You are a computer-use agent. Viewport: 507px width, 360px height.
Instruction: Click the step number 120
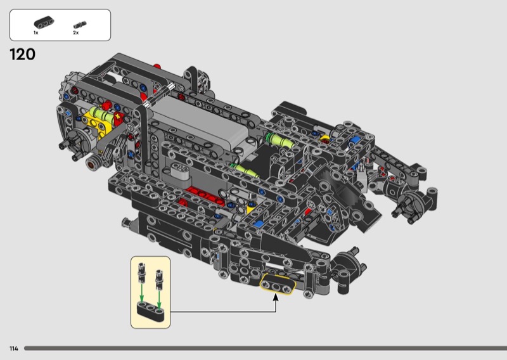[23, 55]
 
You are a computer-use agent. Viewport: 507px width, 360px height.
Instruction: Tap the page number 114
[14, 349]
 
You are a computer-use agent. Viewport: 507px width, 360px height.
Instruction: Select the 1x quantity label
[36, 33]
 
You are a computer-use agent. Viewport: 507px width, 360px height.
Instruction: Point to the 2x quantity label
[75, 33]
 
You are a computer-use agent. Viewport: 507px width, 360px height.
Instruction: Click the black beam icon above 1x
[44, 23]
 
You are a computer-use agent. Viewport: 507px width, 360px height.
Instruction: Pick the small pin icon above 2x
[80, 25]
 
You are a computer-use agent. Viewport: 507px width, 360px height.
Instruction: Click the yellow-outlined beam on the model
[278, 285]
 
